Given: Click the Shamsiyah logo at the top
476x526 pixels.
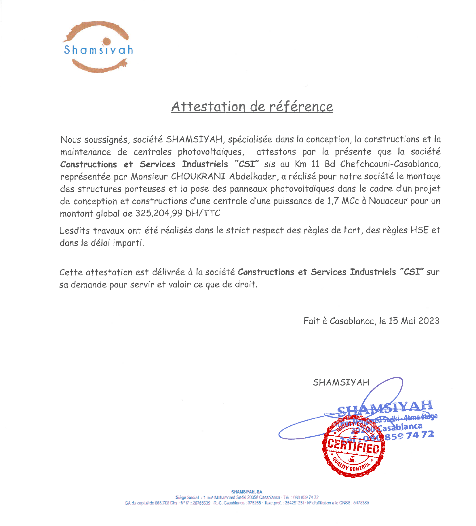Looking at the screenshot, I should tap(98, 47).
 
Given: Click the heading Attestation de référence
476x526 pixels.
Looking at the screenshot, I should tap(252, 106).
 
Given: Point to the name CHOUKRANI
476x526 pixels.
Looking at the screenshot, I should tap(198, 176).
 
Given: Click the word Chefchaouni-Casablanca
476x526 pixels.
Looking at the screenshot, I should tap(390, 164).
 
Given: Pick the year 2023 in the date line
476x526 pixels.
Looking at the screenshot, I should tap(429, 321).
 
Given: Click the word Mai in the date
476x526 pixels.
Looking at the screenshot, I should tap(408, 321).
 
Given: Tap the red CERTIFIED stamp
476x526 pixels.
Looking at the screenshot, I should tap(353, 446).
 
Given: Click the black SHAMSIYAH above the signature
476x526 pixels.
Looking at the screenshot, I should tap(341, 382).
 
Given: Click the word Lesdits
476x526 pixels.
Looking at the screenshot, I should tap(75, 230).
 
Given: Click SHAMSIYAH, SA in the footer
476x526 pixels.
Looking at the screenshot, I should tap(247, 492).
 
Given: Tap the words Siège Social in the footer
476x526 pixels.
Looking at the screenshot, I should tap(187, 498).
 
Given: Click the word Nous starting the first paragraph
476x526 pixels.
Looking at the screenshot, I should tap(71, 140).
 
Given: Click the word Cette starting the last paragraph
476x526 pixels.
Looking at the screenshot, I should tap(71, 272).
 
